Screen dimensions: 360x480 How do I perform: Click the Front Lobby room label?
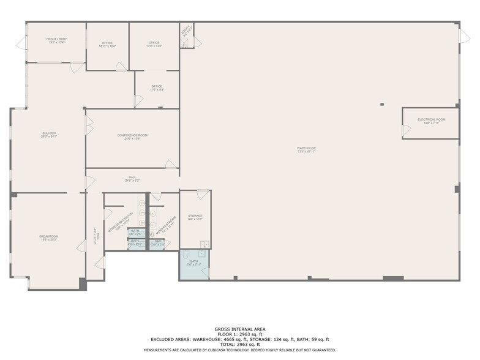[x=56, y=40]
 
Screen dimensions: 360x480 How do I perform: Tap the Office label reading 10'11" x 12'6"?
[x=108, y=44]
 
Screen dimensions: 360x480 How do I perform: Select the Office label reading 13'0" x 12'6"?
[x=154, y=44]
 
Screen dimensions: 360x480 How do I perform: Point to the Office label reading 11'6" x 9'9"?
[x=157, y=88]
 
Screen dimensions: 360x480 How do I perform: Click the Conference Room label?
[x=132, y=137]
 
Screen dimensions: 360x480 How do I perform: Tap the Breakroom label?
[x=48, y=238]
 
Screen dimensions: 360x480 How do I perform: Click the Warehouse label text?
[x=306, y=149]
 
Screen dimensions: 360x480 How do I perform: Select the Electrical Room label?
[x=431, y=121]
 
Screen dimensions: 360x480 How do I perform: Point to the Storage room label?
[x=195, y=217]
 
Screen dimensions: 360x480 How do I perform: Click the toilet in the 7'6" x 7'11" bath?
[x=184, y=255]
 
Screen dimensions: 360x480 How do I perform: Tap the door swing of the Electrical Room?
[x=407, y=131]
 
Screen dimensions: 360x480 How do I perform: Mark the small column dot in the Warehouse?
[x=382, y=105]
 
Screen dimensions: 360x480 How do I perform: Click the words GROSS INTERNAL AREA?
[x=240, y=329]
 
